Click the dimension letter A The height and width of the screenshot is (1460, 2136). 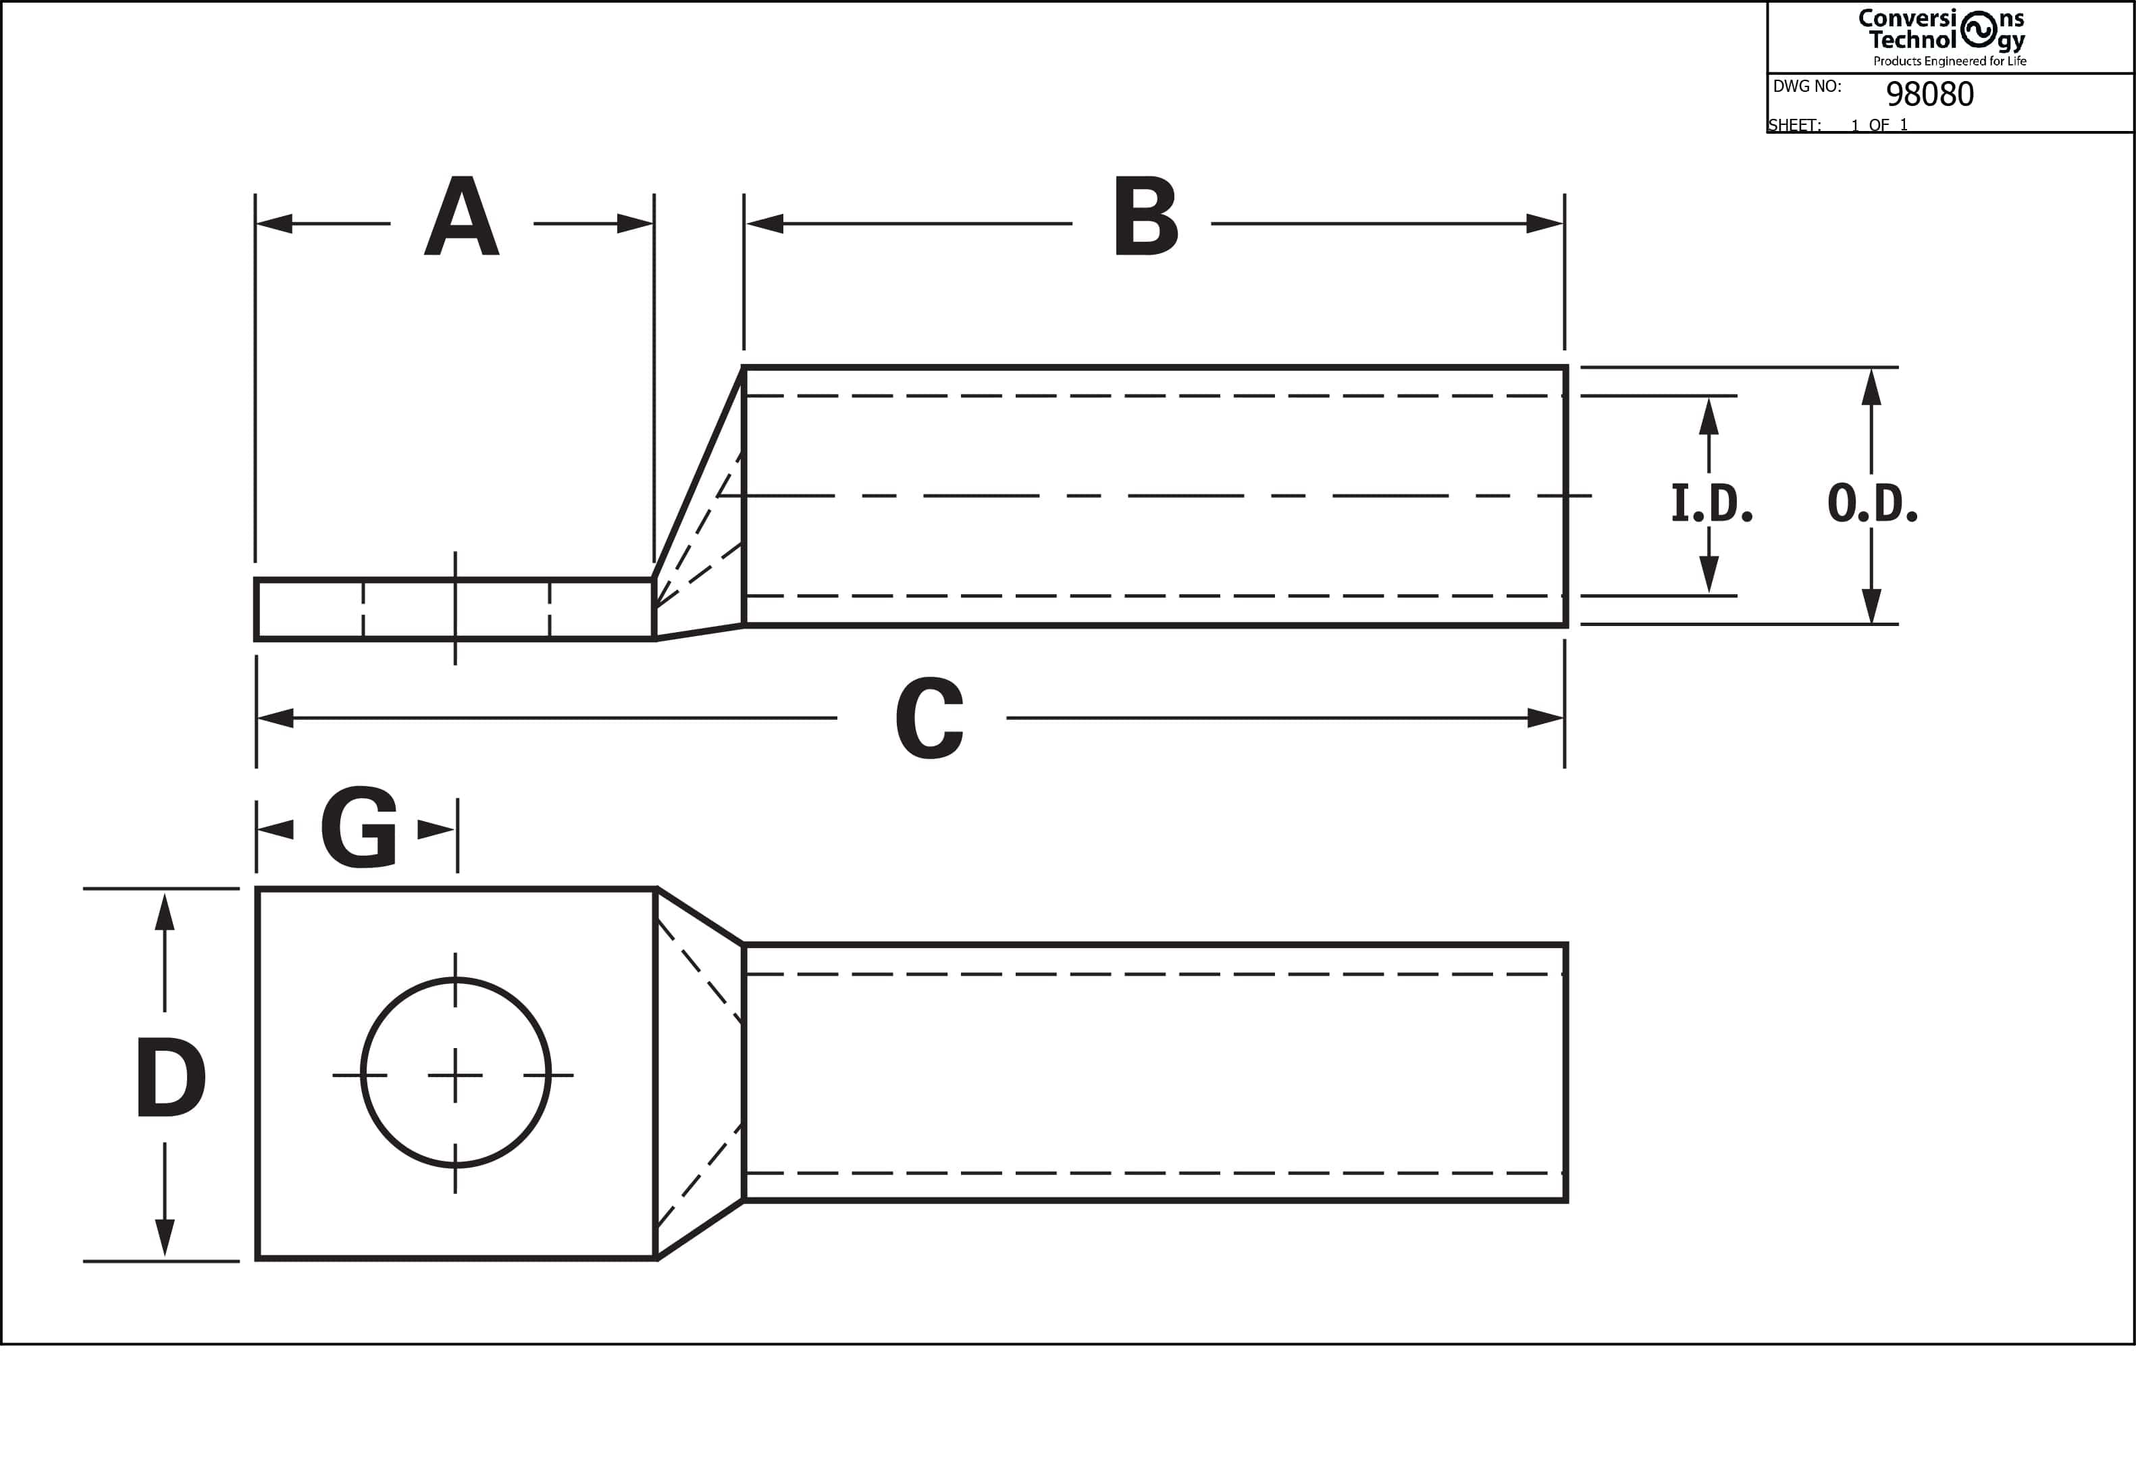tap(461, 216)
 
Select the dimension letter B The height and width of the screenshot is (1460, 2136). tap(1145, 216)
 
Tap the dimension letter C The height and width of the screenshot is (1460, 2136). tap(929, 718)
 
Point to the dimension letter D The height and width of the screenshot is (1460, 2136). tap(171, 1077)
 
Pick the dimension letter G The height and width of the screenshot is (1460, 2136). tap(359, 827)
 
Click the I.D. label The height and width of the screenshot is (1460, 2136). tap(1711, 504)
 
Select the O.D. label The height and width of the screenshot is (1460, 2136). tap(1872, 504)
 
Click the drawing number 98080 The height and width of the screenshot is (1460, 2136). tap(1930, 94)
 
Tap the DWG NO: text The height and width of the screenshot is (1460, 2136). tap(1807, 86)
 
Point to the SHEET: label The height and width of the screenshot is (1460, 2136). tap(1795, 125)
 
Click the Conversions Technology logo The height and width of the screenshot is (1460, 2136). tap(1941, 30)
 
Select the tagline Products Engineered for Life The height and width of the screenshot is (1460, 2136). tap(1950, 61)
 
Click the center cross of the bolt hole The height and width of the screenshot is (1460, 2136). tap(456, 1075)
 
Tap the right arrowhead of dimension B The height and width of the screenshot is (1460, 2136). tap(1545, 224)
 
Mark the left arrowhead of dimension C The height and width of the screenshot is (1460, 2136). tap(276, 718)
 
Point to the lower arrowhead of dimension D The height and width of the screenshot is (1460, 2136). tap(165, 1239)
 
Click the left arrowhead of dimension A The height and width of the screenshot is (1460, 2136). tap(274, 224)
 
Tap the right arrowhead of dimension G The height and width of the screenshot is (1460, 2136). tap(436, 830)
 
